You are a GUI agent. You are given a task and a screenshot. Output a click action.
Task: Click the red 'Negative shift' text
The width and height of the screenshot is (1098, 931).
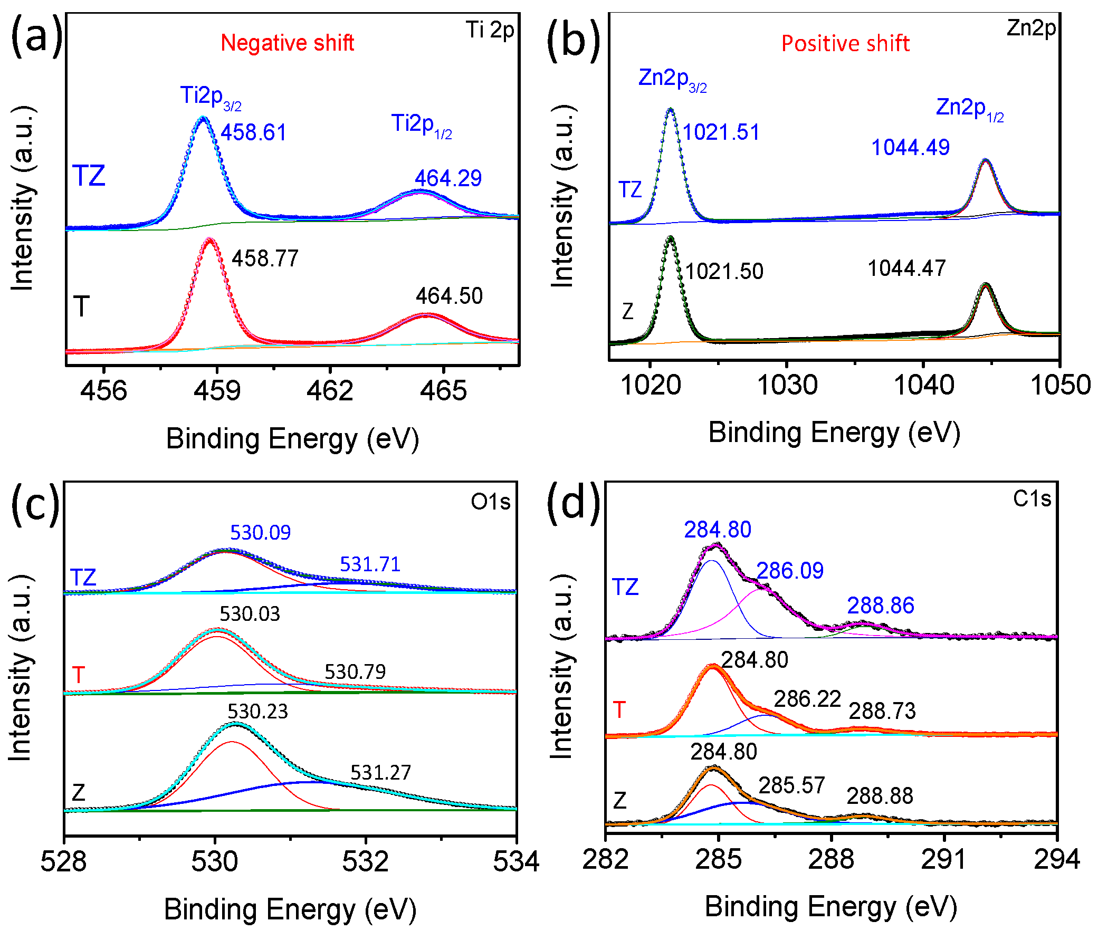tap(287, 43)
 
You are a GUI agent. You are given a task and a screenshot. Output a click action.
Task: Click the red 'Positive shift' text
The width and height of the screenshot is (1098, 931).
tap(845, 43)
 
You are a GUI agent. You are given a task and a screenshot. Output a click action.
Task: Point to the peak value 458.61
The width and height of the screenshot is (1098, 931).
tap(253, 132)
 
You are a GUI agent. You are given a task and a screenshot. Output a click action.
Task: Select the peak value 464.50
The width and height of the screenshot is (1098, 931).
tap(449, 295)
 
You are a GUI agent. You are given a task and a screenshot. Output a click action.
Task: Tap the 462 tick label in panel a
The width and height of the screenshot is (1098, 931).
tap(330, 391)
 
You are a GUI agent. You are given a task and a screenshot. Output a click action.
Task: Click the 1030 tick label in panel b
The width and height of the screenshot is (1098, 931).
tap(787, 385)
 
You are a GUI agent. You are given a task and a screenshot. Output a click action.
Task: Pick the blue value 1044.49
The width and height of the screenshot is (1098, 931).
tap(910, 147)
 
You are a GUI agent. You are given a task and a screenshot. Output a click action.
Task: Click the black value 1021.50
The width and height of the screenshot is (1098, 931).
tap(724, 271)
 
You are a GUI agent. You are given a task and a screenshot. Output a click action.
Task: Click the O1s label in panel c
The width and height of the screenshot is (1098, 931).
tap(490, 502)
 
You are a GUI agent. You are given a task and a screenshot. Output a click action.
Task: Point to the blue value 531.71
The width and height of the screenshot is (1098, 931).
tap(370, 564)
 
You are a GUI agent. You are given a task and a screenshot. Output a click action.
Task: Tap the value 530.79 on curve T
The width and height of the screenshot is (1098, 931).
tap(355, 671)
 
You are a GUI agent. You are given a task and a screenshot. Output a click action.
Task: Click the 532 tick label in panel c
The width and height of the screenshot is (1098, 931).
tap(365, 861)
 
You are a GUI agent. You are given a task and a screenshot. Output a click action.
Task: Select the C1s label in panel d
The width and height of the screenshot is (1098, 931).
tap(1032, 499)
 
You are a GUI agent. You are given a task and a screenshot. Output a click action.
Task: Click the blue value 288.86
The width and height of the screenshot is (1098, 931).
tap(881, 606)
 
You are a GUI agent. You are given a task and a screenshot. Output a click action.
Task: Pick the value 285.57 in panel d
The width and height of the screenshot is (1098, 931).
tap(791, 785)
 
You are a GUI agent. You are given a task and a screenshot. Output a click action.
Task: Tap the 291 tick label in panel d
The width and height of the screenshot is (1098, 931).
tap(944, 859)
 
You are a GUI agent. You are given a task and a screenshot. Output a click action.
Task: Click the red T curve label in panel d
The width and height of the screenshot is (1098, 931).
tap(619, 709)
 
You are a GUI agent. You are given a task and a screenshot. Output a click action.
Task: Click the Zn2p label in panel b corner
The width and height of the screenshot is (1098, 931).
tap(1030, 27)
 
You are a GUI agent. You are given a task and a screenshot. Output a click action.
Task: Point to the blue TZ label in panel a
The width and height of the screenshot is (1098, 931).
tap(89, 175)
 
